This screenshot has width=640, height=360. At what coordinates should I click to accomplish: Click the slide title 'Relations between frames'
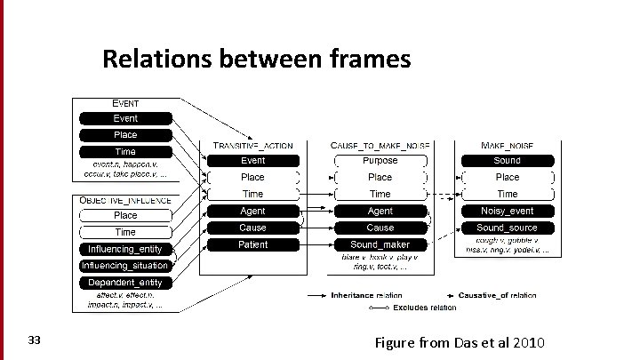pos(256,60)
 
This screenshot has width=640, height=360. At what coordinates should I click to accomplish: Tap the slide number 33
pos(35,340)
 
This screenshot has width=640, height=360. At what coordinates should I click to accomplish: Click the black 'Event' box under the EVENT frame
pos(125,118)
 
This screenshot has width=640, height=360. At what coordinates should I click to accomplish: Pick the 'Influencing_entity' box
pos(125,249)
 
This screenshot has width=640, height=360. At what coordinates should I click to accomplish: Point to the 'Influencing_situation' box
pos(125,266)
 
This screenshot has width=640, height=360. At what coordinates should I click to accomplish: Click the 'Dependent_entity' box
pos(125,283)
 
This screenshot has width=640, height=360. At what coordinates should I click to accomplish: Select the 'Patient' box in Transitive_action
pos(252,244)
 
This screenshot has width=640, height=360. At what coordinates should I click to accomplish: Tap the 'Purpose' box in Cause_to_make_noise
pos(380,161)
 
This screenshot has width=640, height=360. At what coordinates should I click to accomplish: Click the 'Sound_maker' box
pos(380,244)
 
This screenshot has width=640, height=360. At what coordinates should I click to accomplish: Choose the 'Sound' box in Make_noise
pos(507,161)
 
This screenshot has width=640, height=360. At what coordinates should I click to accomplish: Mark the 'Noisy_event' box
pos(507,211)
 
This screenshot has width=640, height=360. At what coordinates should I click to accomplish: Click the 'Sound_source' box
pos(507,228)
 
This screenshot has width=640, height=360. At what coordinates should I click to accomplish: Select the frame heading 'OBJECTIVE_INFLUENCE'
pos(125,201)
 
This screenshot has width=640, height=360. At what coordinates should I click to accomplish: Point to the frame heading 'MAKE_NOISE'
pos(507,145)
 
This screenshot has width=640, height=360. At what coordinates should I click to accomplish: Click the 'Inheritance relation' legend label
pos(366,295)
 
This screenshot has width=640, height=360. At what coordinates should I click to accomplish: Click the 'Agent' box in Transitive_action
pos(252,211)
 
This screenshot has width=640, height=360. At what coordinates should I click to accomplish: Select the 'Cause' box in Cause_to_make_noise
pos(380,228)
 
